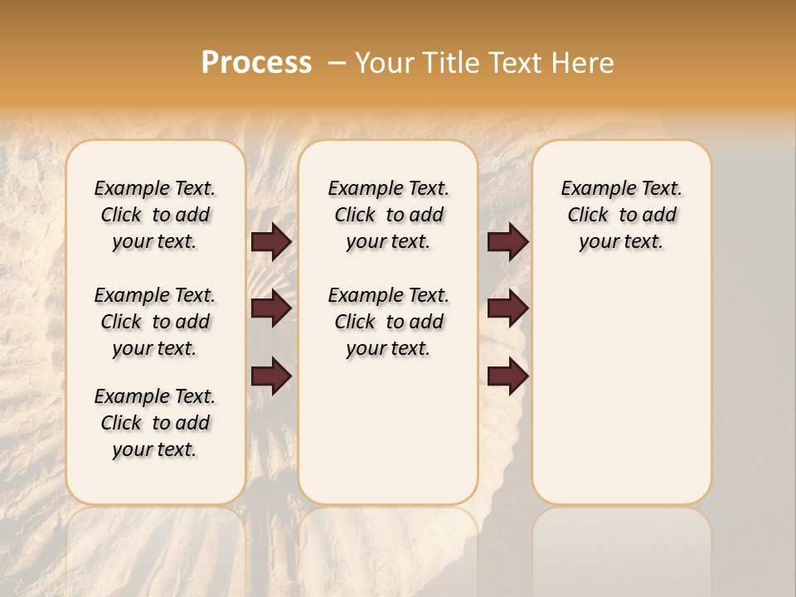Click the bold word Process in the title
click(256, 62)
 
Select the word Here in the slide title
click(585, 63)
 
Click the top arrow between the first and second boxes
click(271, 241)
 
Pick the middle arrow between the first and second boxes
click(271, 308)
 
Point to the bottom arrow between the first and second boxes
click(271, 376)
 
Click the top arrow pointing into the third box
click(508, 241)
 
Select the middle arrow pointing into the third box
click(508, 308)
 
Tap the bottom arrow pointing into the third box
click(508, 376)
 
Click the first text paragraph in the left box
click(155, 215)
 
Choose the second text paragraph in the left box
click(155, 322)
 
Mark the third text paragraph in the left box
click(155, 423)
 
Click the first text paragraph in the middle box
click(388, 215)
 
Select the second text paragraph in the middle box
click(388, 322)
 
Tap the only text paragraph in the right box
click(621, 215)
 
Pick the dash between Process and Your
click(336, 63)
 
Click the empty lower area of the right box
click(621, 398)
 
